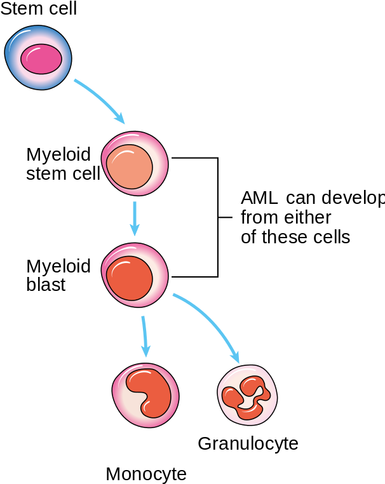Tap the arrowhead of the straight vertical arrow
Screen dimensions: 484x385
135,229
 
